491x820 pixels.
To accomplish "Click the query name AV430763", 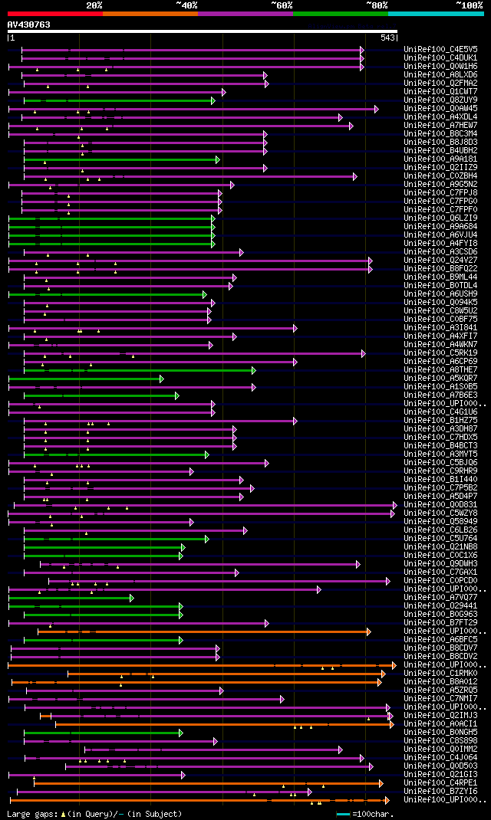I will point(29,25).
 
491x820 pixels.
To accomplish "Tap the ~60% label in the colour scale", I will point(281,5).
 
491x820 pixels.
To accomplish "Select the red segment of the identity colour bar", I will point(54,13).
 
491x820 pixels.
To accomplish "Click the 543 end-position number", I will point(387,38).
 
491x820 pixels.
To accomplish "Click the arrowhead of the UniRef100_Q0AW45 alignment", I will point(376,109).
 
